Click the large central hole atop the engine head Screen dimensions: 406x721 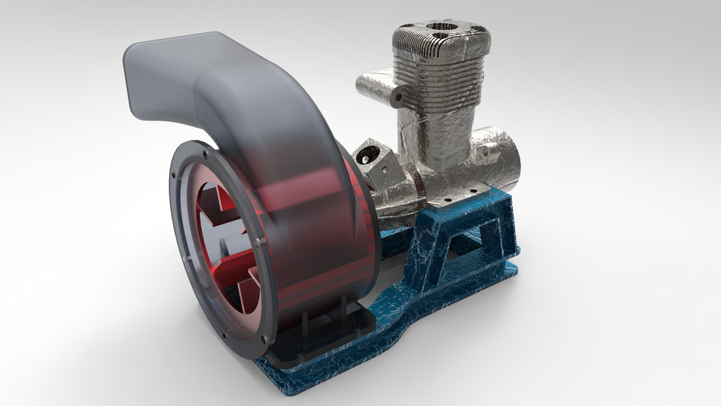click(441, 28)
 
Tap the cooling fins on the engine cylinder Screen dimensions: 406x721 click(439, 71)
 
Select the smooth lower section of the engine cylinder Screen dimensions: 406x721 click(443, 143)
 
